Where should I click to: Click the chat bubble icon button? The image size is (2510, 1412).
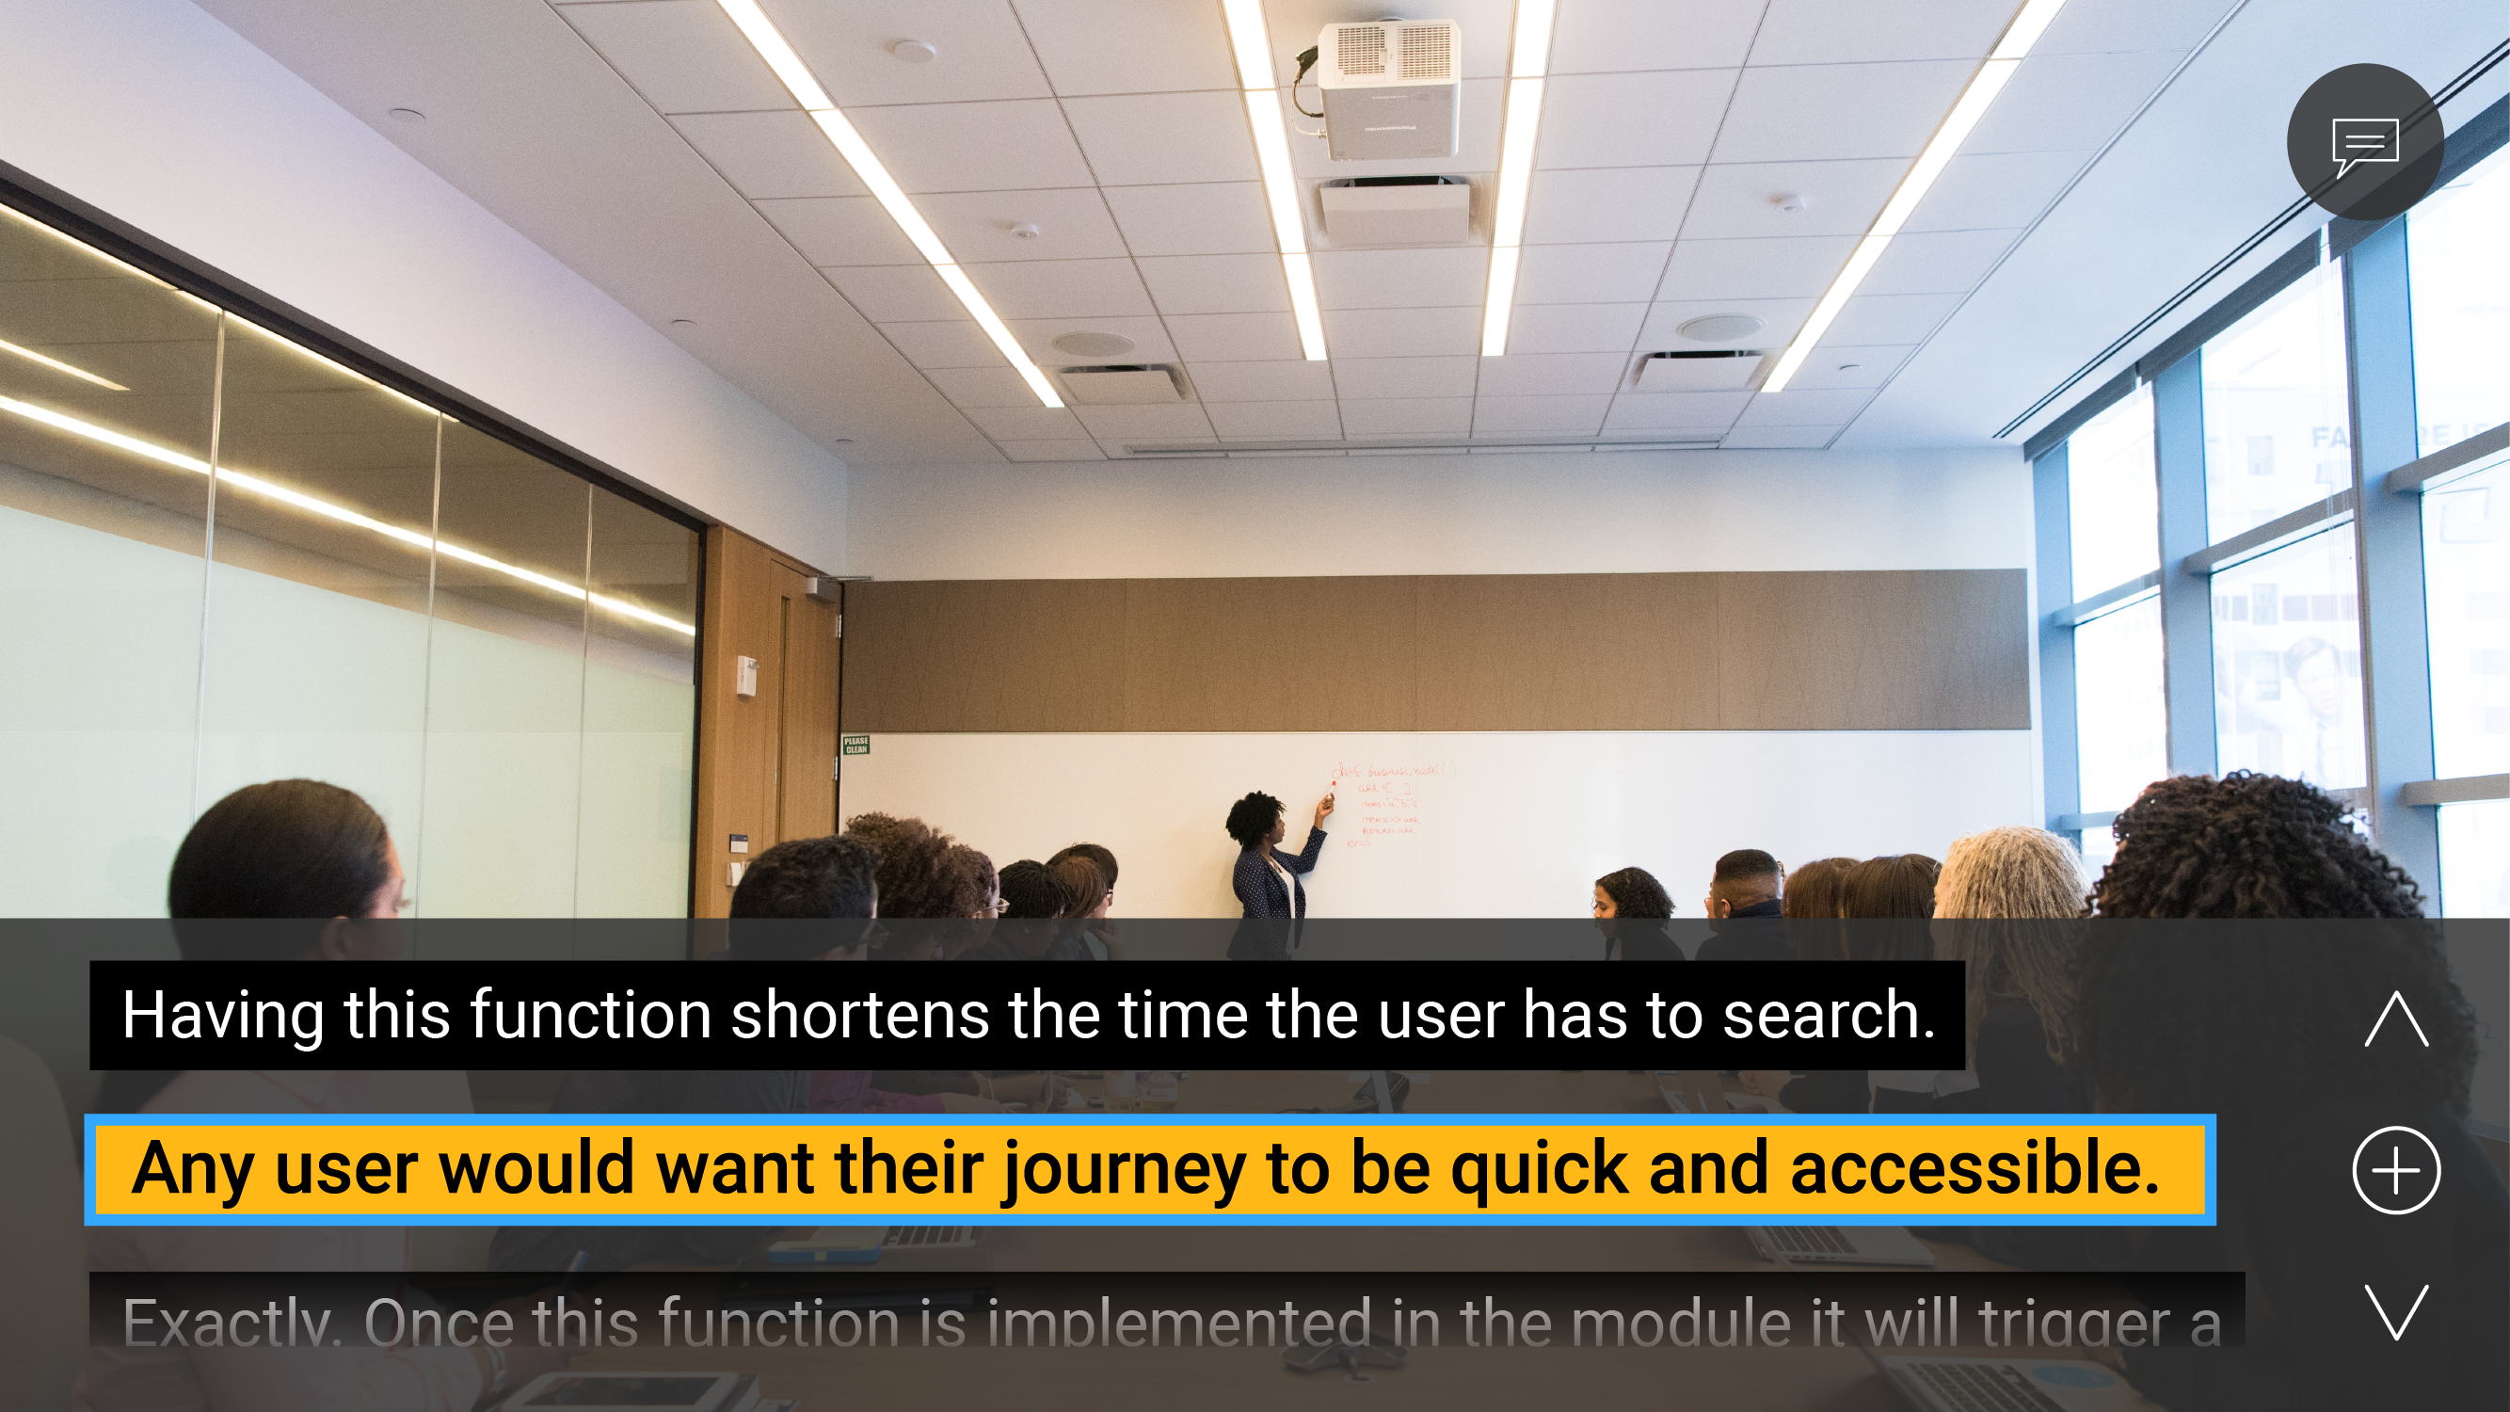tap(2364, 142)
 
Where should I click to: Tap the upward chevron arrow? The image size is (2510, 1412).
tap(2396, 1019)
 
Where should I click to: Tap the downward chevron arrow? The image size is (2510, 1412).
tap(2396, 1311)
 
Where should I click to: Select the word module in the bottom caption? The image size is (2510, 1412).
tap(1681, 1324)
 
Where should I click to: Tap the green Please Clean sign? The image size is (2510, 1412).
tap(855, 746)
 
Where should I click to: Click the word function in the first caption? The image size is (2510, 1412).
tap(591, 1016)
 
